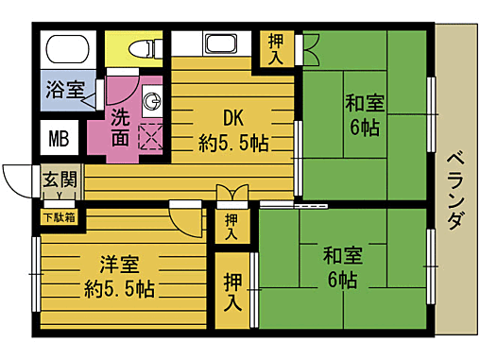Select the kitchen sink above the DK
222,44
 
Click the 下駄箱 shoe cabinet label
56,217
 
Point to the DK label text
233,119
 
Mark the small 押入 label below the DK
231,226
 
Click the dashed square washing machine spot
151,137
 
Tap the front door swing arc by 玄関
17,180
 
